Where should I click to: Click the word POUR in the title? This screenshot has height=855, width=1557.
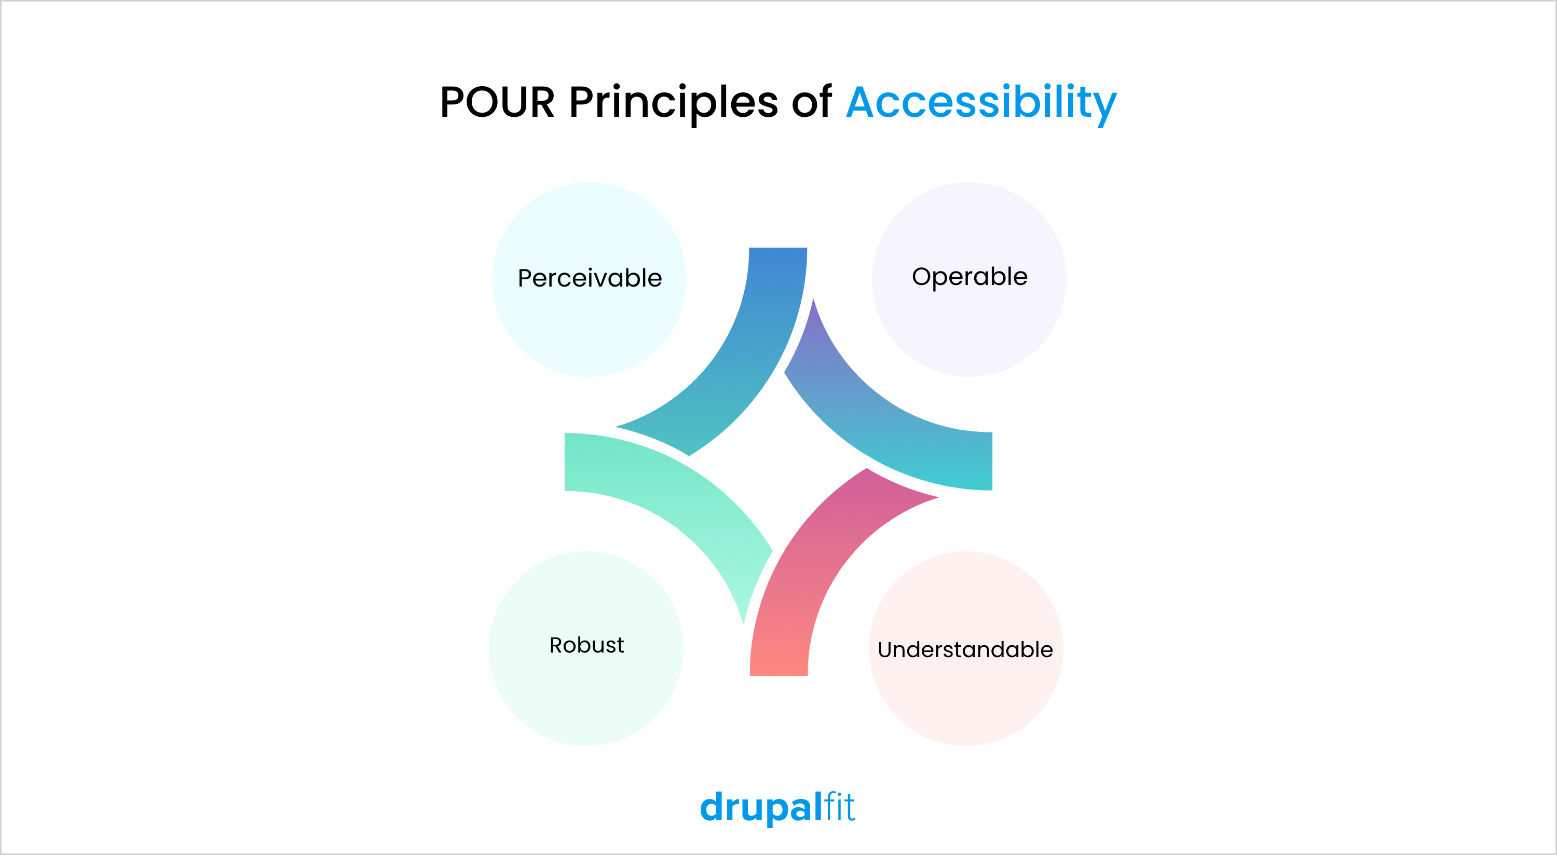tap(497, 102)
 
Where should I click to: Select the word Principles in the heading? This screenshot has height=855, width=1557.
tap(673, 104)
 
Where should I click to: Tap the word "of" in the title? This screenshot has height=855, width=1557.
tap(811, 102)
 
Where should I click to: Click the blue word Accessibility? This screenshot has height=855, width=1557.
tap(981, 104)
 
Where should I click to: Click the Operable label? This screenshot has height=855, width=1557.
tap(969, 276)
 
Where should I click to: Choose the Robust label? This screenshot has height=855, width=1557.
tap(586, 645)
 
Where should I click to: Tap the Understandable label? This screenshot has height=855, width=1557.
tap(965, 649)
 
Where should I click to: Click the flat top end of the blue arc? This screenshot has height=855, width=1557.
tap(778, 249)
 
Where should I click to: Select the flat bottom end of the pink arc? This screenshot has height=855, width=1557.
tap(778, 674)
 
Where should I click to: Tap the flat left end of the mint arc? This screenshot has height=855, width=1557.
tap(566, 462)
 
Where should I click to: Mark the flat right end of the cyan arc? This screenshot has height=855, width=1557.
tap(991, 462)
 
